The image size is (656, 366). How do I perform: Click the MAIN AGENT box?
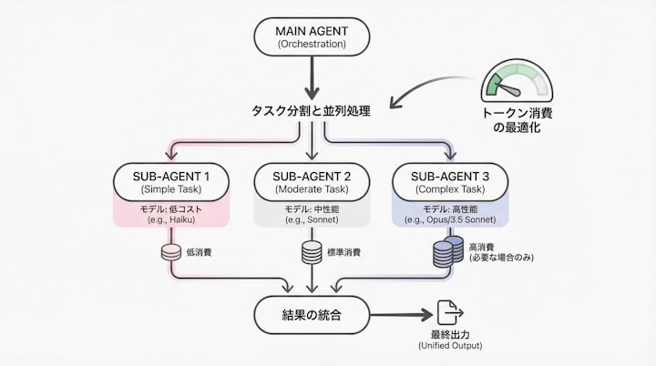point(312,36)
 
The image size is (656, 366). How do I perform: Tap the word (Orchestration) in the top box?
point(312,44)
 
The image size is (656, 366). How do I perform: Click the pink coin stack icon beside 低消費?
point(169,251)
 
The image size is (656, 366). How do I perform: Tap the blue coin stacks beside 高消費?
point(446,252)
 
